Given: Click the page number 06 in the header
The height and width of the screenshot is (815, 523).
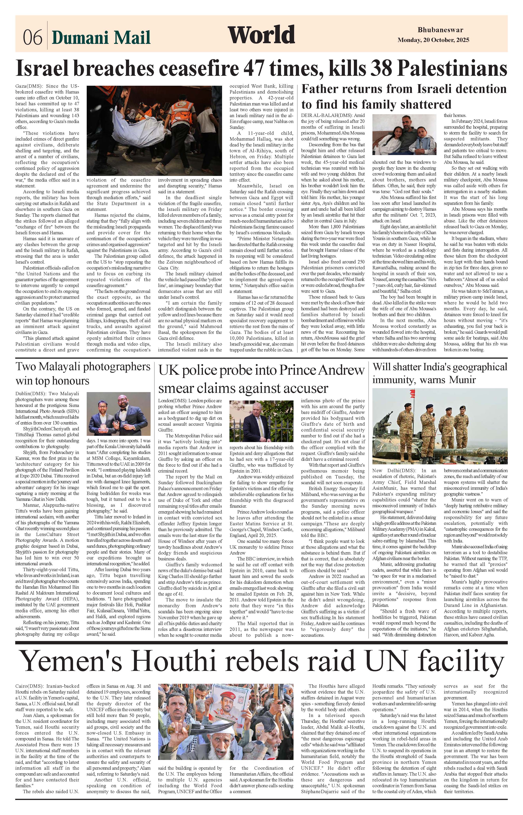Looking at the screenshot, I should (x=33, y=37).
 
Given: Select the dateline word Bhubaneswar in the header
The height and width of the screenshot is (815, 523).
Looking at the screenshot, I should (x=440, y=30).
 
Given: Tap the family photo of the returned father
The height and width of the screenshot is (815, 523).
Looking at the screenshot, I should (x=404, y=135).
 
